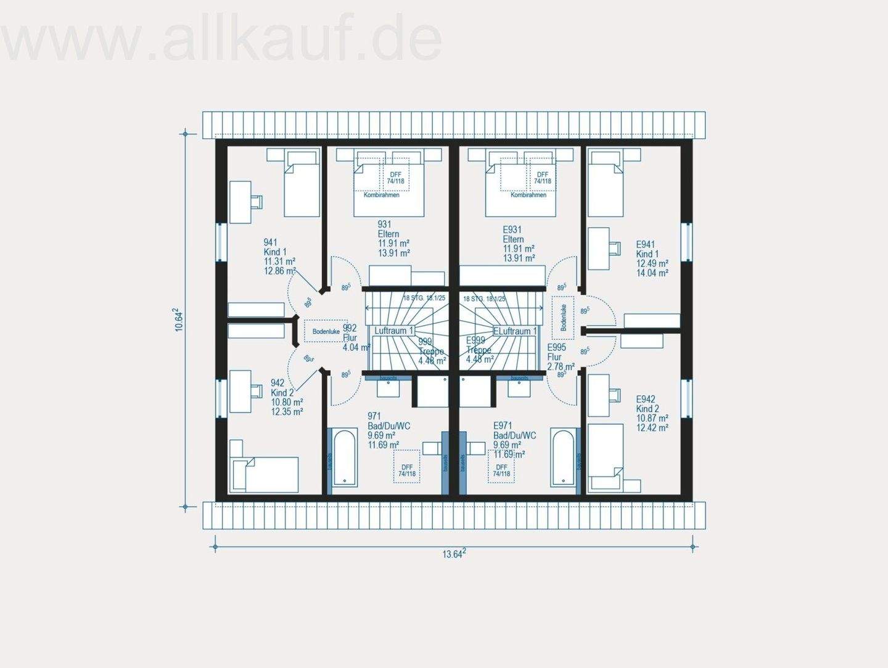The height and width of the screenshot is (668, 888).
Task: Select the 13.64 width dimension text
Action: tap(453, 553)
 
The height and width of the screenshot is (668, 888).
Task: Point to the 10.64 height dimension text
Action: tap(179, 320)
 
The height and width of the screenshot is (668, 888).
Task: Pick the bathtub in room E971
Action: tap(562, 458)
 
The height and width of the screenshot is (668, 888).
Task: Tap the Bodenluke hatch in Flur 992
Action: tap(326, 331)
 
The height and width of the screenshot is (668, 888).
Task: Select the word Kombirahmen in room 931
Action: tap(381, 195)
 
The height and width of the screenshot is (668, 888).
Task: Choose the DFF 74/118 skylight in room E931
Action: tap(543, 178)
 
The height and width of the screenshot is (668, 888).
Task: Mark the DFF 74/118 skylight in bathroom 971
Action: tap(407, 466)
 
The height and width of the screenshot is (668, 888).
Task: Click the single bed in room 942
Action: tap(264, 474)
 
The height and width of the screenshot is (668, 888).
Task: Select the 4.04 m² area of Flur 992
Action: tap(356, 347)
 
